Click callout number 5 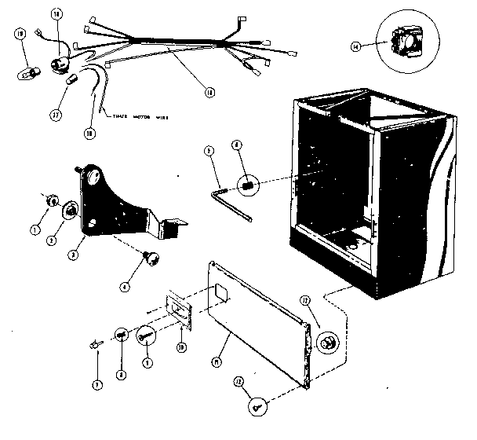[209, 150]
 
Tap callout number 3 [71, 255]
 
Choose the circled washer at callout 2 [70, 210]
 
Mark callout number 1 [35, 229]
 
